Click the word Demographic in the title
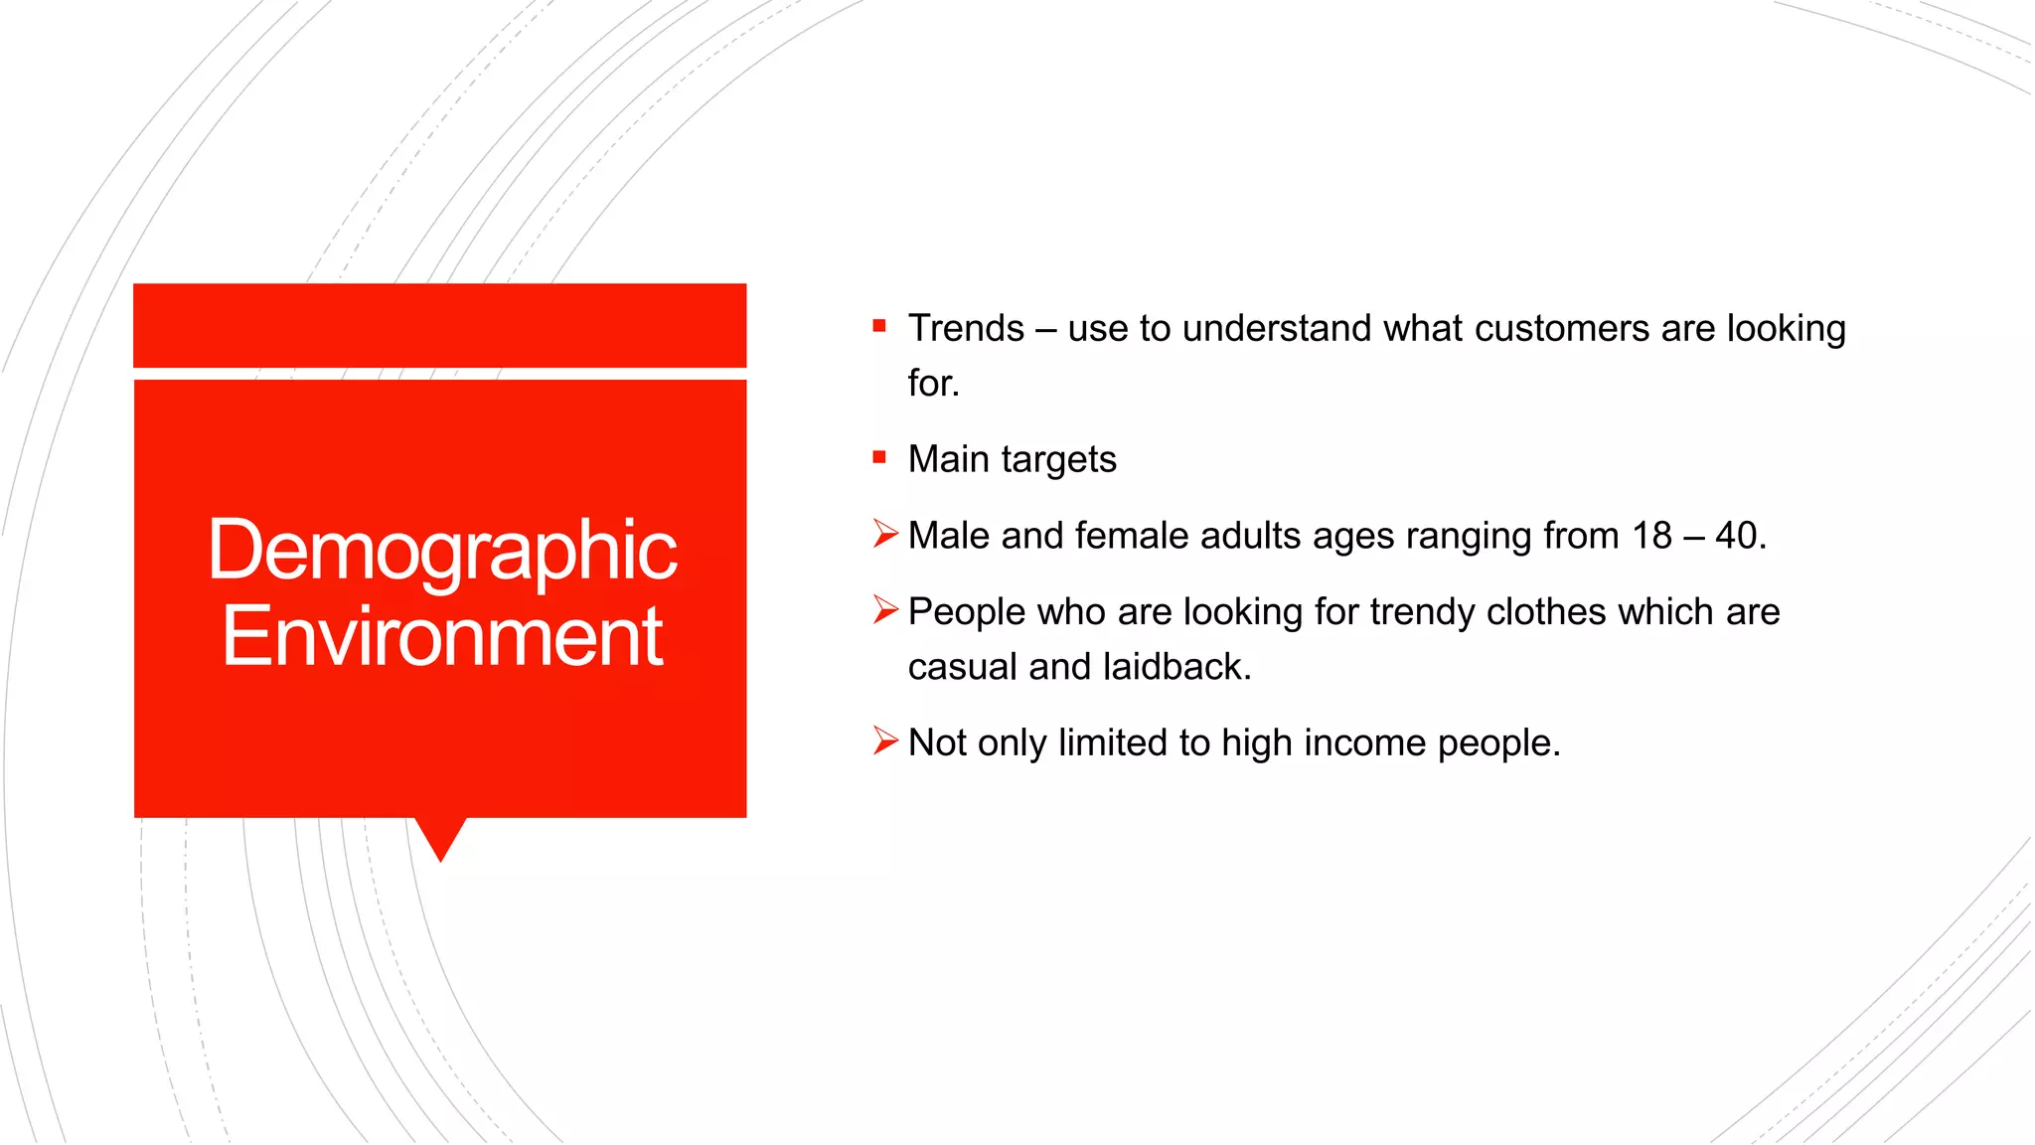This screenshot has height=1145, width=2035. coord(441,552)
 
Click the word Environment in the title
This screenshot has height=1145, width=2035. coord(441,637)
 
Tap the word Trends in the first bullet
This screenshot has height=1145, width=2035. coord(965,329)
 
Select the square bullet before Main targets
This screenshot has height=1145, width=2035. coord(879,457)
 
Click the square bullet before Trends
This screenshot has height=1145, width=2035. coord(879,326)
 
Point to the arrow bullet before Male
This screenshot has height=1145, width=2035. coord(884,534)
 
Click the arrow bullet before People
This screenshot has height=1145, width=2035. coord(884,609)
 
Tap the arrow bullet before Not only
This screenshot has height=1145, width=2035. coord(884,740)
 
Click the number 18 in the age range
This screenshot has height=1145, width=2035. coord(1651,536)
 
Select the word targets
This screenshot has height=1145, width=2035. coord(1058,460)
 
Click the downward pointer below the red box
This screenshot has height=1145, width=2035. coord(440,838)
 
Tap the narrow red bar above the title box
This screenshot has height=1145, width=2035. coord(440,325)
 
